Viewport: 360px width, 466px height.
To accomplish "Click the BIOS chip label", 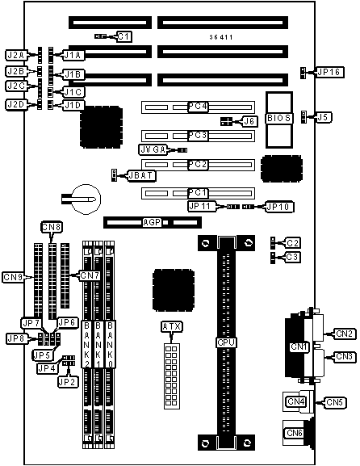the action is [x=278, y=118].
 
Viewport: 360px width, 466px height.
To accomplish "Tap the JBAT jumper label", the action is [x=141, y=175].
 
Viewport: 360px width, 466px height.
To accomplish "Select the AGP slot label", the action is [x=152, y=222].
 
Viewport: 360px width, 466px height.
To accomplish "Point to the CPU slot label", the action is [x=226, y=342].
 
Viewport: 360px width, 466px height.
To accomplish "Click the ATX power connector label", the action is [x=172, y=327].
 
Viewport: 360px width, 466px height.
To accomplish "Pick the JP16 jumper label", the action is [x=330, y=72].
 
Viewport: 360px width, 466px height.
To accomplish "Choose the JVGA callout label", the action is [x=153, y=149].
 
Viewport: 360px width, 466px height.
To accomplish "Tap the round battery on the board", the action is [x=87, y=199].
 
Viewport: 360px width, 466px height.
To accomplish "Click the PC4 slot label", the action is [x=198, y=107].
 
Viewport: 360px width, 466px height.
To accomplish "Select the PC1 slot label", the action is [x=198, y=193].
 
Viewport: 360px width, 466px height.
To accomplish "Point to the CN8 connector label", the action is [x=51, y=228].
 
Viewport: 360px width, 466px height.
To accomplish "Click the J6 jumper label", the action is [x=250, y=121].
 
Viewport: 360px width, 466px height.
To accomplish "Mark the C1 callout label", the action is [x=124, y=36].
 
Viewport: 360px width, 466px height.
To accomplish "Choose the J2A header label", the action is [x=16, y=55].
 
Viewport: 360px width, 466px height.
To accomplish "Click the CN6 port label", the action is [x=295, y=433].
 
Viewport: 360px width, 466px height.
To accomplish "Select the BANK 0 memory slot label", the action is [x=111, y=344].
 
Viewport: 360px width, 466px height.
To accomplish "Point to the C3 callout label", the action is [x=292, y=257].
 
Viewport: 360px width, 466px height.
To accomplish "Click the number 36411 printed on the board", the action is [x=220, y=37].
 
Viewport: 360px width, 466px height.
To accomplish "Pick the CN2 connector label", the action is [x=345, y=334].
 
